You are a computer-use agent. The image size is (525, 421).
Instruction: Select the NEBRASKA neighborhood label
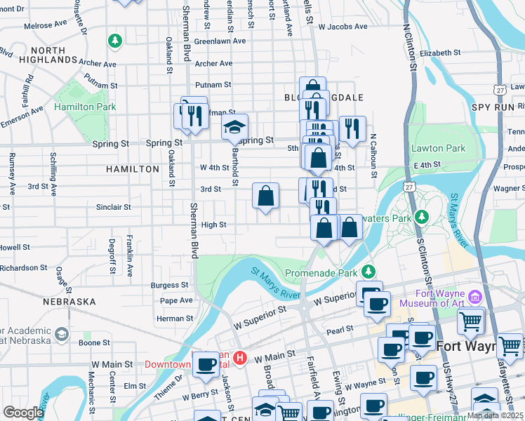(69, 302)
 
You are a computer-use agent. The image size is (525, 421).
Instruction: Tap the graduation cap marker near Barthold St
(235, 127)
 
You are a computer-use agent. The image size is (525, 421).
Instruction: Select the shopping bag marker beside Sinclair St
(266, 197)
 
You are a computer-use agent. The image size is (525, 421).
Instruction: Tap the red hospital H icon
(240, 359)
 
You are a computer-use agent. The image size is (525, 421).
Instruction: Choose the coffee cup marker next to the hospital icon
(206, 364)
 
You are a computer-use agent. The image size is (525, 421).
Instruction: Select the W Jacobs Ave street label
(343, 27)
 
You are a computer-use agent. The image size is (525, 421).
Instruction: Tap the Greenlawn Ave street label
(220, 41)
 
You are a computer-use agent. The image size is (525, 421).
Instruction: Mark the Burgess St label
(170, 286)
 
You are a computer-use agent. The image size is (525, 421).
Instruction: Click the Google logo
(23, 413)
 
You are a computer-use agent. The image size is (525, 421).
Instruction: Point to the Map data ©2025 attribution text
(494, 415)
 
